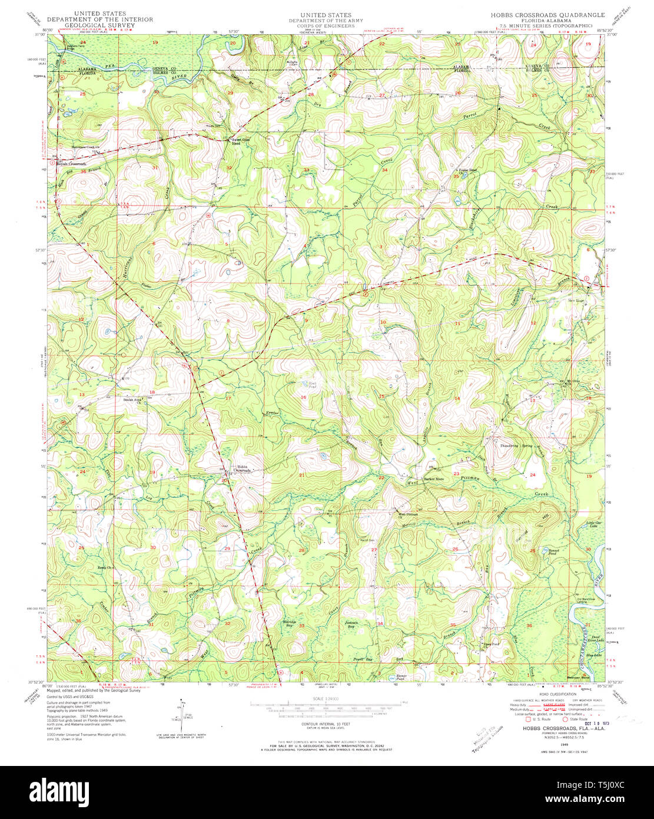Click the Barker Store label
click(435, 480)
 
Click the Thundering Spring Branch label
click(522, 445)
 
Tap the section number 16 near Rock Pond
click(304, 398)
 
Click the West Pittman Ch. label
click(404, 513)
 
